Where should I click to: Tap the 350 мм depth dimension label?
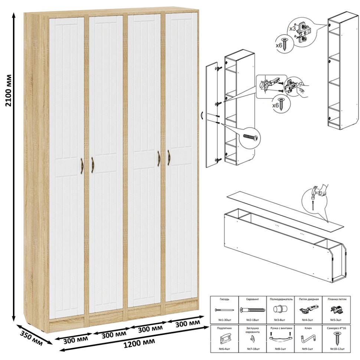coord(32,338)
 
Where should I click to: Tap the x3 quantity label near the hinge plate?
coord(292,29)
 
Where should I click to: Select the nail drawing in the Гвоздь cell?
coord(225,310)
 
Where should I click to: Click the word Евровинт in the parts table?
coord(252,299)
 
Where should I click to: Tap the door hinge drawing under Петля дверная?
coord(309,310)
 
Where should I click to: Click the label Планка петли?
coord(337,299)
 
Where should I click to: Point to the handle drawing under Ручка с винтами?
coord(281,337)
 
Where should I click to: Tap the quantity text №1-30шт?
coord(224,320)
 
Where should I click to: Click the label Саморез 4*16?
coord(337,328)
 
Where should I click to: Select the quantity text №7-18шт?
coord(253,349)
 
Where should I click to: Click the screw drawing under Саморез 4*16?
coord(337,339)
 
